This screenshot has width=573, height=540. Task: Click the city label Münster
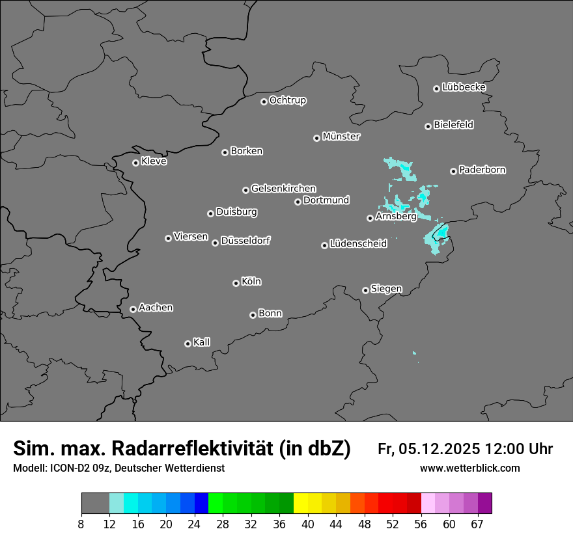click(341, 137)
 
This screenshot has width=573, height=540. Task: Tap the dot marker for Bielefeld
click(428, 126)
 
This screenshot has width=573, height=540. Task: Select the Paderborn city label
click(482, 170)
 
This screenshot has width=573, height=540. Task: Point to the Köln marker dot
click(236, 283)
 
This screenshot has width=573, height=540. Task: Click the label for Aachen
click(156, 307)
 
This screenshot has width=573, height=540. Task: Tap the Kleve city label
click(154, 161)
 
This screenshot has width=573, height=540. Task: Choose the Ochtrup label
click(288, 100)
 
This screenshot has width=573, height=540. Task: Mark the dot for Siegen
click(365, 290)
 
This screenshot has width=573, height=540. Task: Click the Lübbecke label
click(464, 87)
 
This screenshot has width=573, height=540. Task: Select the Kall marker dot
click(188, 344)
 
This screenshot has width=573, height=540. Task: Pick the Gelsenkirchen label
click(284, 189)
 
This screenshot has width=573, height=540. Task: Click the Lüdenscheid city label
click(359, 244)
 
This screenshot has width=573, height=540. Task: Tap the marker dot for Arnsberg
click(370, 218)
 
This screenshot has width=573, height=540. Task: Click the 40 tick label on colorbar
click(308, 524)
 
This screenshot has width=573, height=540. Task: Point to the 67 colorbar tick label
click(478, 524)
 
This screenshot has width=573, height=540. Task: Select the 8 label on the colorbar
click(81, 524)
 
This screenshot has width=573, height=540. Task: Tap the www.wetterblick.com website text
click(469, 468)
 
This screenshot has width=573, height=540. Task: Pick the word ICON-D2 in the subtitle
click(64, 468)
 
